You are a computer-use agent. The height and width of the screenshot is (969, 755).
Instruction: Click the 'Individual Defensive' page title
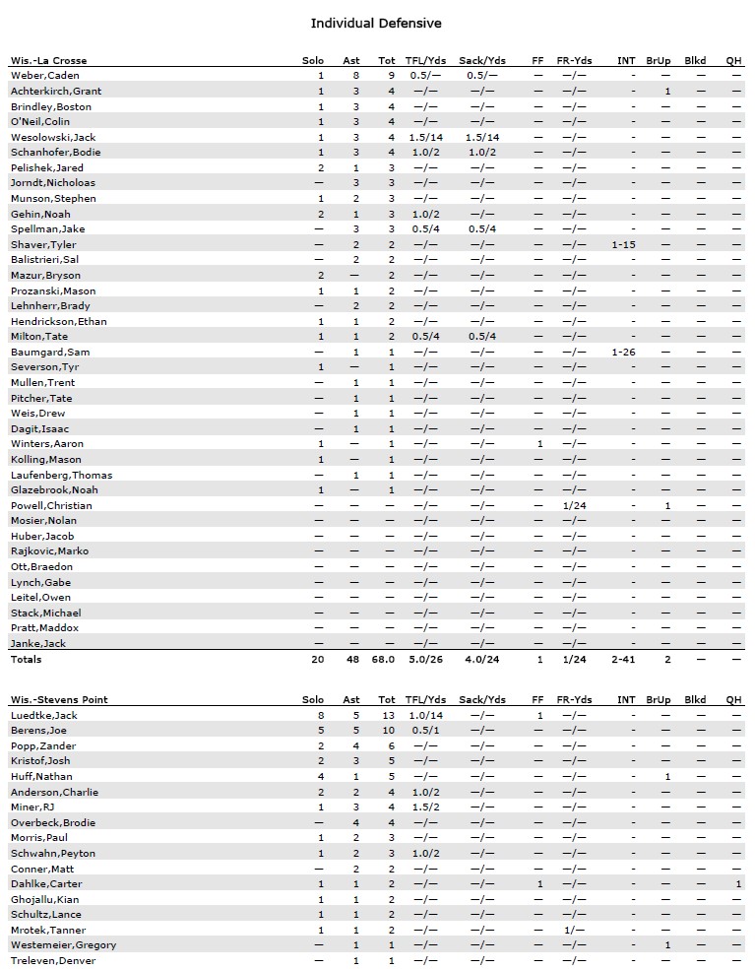point(376,23)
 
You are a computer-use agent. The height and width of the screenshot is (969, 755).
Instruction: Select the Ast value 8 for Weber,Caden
point(355,76)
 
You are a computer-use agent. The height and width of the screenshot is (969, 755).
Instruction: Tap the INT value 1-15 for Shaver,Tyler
point(624,244)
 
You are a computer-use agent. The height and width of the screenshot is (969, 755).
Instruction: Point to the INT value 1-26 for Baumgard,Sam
point(624,352)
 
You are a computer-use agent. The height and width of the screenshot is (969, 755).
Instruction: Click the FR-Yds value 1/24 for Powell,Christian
point(574,505)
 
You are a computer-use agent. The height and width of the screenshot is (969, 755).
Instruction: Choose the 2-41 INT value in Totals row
point(624,660)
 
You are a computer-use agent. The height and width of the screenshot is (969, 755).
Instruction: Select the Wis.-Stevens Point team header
point(58,700)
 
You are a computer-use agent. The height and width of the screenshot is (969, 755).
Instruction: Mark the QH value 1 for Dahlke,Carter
point(738,884)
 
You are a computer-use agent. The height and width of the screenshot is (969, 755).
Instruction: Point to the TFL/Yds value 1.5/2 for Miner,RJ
point(425,807)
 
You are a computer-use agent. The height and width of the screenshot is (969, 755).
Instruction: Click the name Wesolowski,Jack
point(53,137)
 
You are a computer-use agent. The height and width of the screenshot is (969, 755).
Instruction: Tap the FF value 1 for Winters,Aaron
point(538,444)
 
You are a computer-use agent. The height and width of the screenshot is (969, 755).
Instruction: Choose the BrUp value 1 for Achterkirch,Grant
point(667,92)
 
